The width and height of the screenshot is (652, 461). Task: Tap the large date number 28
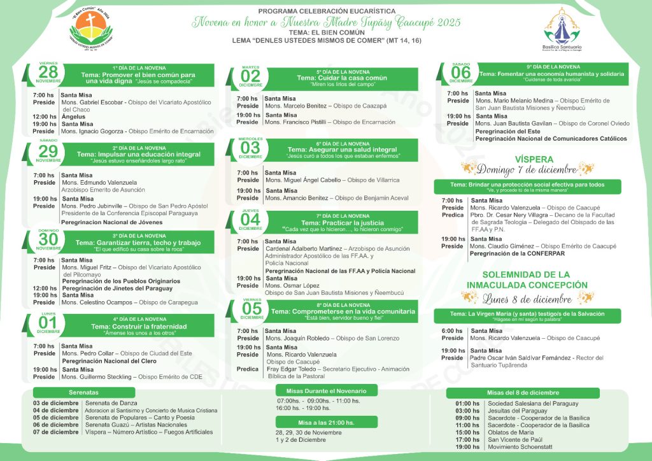tap(48, 73)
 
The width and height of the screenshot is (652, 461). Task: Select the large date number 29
tap(48, 152)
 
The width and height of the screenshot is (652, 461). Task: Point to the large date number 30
tap(48, 239)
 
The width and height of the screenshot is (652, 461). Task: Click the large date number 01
tap(48, 323)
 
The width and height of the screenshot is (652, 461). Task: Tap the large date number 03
tap(250, 148)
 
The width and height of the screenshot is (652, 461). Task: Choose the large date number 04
tap(250, 219)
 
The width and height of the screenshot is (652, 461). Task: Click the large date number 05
tap(252, 308)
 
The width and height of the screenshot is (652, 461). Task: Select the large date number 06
tap(461, 73)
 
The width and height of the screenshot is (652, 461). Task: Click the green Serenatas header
tap(84, 392)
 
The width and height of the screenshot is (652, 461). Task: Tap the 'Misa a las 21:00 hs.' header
tap(326, 422)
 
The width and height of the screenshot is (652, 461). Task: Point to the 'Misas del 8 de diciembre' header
tap(514, 393)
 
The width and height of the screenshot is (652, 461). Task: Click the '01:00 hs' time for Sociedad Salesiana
tap(467, 403)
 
